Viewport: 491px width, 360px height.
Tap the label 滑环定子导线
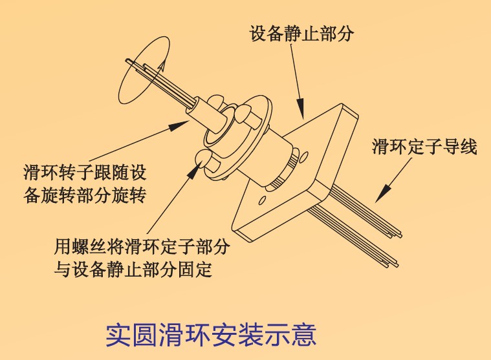tap(424, 147)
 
